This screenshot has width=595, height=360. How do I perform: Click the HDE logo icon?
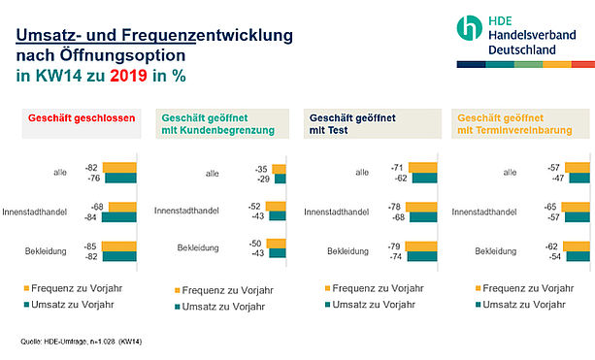tap(470, 28)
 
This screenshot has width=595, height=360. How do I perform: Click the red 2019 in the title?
tap(129, 76)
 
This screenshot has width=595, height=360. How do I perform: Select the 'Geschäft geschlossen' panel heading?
tap(82, 118)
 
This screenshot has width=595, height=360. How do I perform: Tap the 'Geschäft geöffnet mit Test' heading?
tap(352, 124)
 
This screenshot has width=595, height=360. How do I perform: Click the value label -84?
tap(90, 217)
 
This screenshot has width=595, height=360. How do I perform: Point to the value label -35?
tap(261, 169)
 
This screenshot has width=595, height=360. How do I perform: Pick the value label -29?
tap(263, 180)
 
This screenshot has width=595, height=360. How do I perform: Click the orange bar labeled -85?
tap(119, 246)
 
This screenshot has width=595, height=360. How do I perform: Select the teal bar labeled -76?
tap(120, 178)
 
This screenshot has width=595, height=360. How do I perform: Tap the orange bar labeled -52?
tap(276, 207)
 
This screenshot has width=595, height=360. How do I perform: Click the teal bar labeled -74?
tap(422, 256)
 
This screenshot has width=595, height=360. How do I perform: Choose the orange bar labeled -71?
tap(423, 168)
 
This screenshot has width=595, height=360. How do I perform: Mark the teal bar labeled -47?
tap(579, 178)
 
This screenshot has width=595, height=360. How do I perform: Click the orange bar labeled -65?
tap(576, 207)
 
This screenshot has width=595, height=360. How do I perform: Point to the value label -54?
tap(555, 256)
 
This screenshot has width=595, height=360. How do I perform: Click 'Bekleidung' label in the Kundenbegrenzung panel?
tap(198, 247)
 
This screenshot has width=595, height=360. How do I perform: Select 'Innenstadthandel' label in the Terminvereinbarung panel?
tap(484, 212)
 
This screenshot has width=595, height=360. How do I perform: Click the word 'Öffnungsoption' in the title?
tap(122, 55)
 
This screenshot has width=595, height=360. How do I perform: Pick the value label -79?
tap(394, 246)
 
